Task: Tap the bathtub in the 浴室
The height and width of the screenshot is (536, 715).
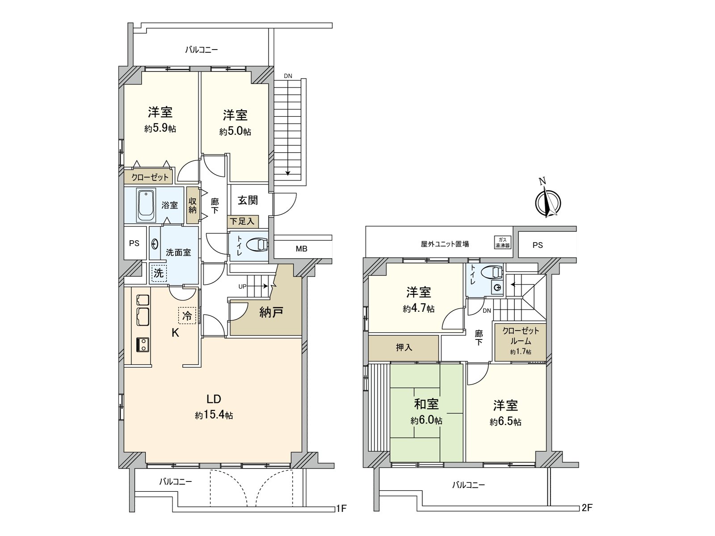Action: pyautogui.click(x=146, y=205)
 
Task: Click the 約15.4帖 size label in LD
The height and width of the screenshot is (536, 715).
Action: pyautogui.click(x=214, y=415)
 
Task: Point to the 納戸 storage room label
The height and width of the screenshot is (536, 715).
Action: pyautogui.click(x=271, y=312)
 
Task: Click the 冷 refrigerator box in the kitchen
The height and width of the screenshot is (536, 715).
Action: pyautogui.click(x=187, y=316)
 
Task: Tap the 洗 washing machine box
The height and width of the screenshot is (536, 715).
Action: pyautogui.click(x=159, y=272)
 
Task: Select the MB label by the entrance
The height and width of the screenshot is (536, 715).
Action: pyautogui.click(x=301, y=249)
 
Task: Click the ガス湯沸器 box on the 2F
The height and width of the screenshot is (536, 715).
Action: pyautogui.click(x=502, y=242)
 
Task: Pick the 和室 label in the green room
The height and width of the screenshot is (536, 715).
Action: pyautogui.click(x=426, y=404)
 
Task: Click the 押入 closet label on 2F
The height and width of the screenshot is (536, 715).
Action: pyautogui.click(x=404, y=348)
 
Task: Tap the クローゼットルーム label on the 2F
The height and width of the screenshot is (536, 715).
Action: pyautogui.click(x=521, y=336)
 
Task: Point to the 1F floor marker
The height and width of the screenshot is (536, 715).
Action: pyautogui.click(x=341, y=508)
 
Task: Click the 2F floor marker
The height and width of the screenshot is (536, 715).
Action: pyautogui.click(x=587, y=508)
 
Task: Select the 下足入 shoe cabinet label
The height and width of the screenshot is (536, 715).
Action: pyautogui.click(x=242, y=221)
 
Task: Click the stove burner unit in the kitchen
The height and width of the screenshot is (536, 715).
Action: pyautogui.click(x=143, y=344)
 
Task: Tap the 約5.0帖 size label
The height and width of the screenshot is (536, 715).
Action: pyautogui.click(x=235, y=132)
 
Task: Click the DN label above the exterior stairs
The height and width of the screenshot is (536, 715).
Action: pyautogui.click(x=288, y=76)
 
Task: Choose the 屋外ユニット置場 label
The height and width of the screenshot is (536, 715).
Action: pyautogui.click(x=445, y=244)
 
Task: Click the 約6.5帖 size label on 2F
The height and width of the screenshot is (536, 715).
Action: pyautogui.click(x=505, y=422)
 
